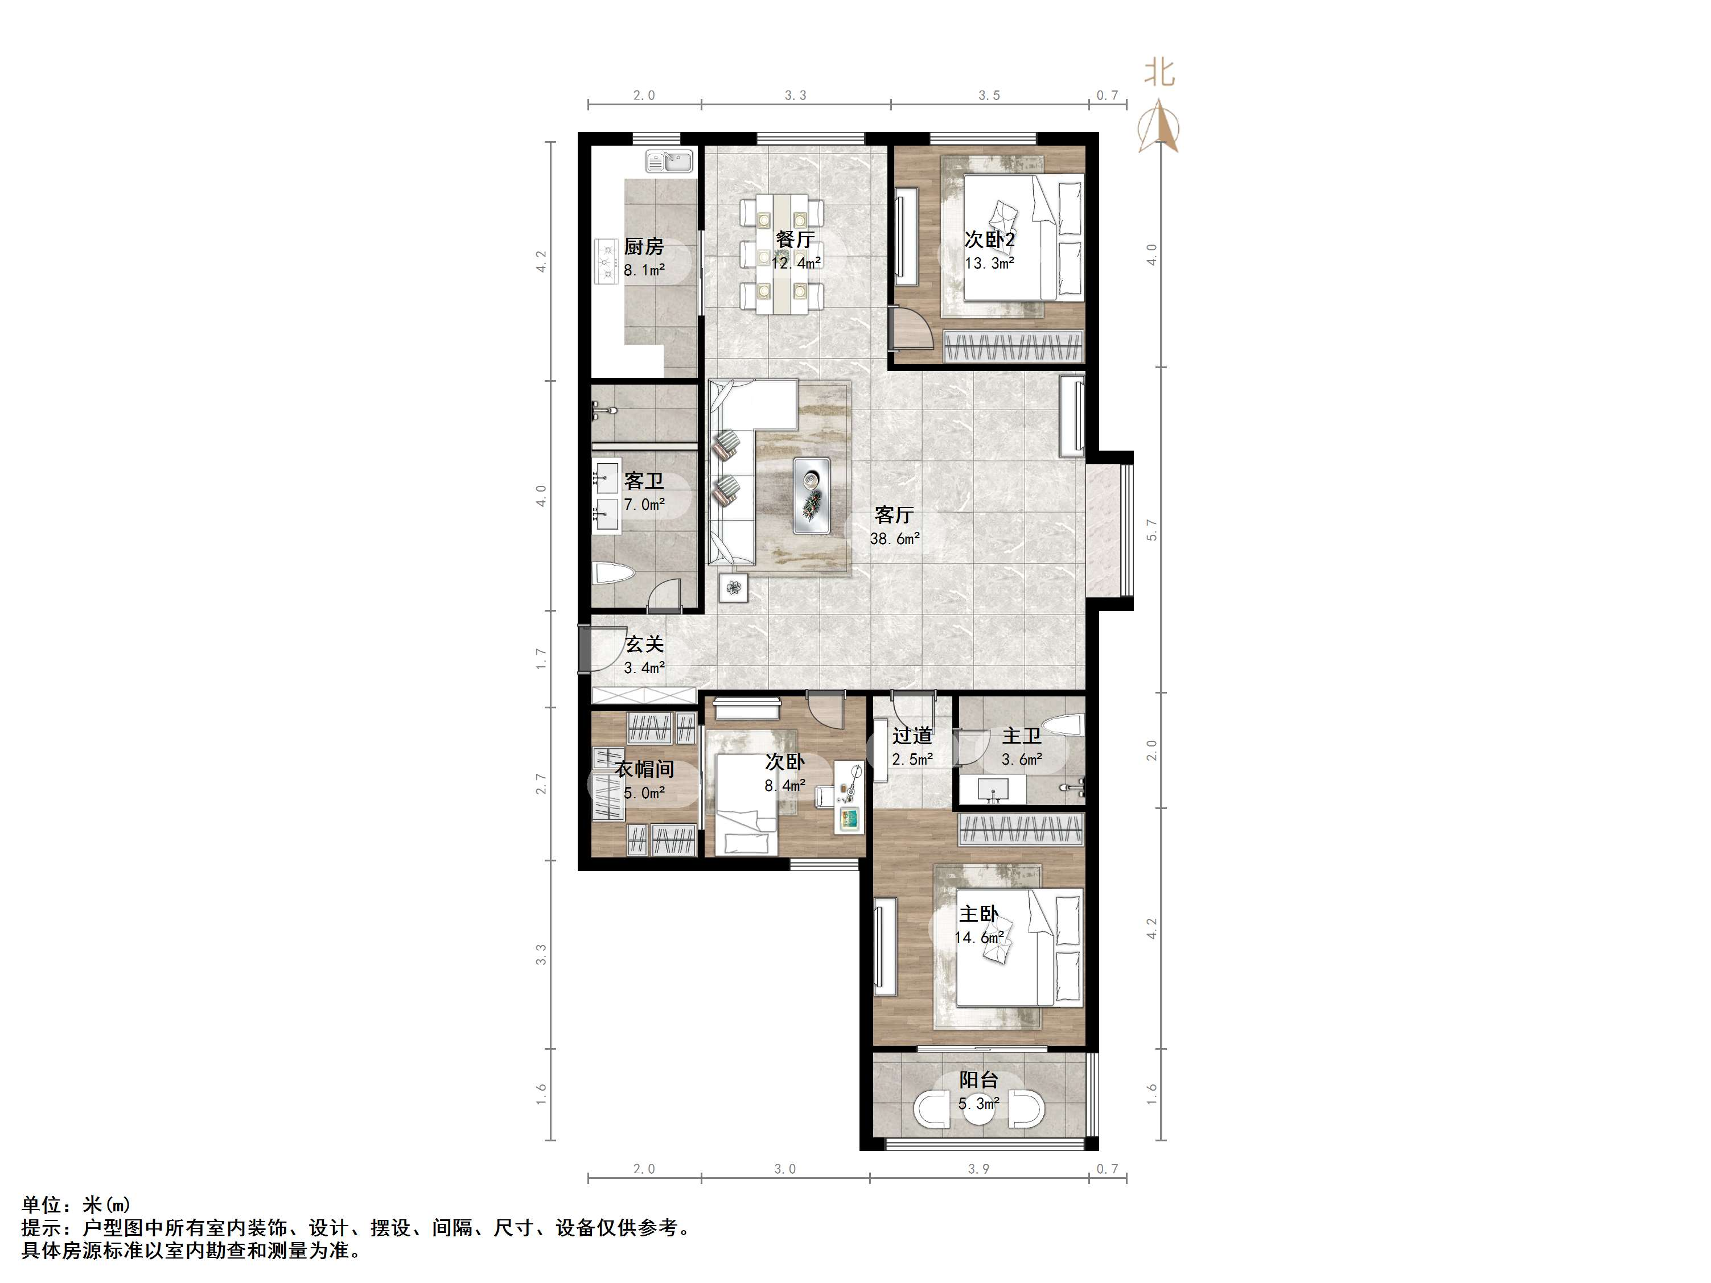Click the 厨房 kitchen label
[644, 247]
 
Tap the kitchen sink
[670, 162]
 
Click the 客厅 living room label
[894, 514]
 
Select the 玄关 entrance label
[644, 643]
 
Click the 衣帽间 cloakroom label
[644, 769]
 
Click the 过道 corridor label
[912, 736]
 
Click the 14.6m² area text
[979, 937]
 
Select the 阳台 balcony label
[978, 1080]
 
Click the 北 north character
[1159, 73]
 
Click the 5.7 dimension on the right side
[1151, 530]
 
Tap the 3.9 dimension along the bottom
[978, 1169]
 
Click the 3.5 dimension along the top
[989, 95]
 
